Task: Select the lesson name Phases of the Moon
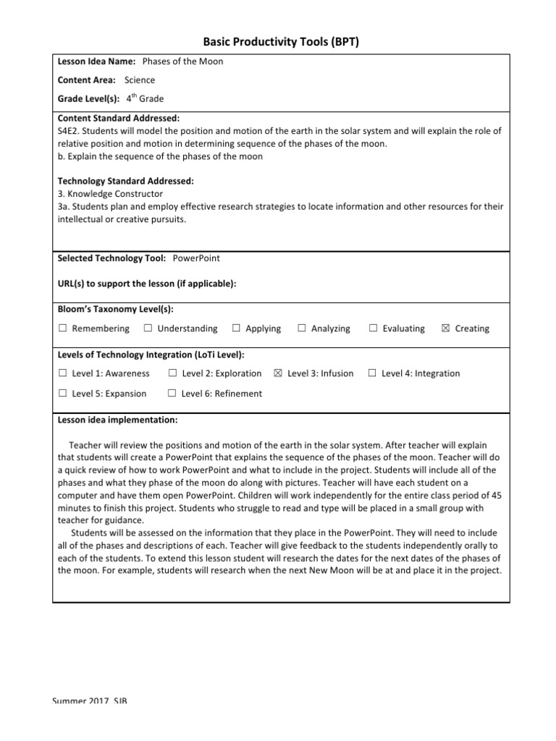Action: (x=182, y=62)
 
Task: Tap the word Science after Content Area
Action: (x=139, y=80)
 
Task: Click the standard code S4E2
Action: (x=69, y=131)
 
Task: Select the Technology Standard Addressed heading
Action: (x=125, y=181)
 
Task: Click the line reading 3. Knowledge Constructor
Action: (x=110, y=194)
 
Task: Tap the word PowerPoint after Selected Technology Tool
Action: (x=196, y=258)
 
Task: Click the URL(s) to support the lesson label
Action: (x=147, y=284)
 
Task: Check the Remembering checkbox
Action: (x=63, y=329)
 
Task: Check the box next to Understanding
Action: (x=148, y=329)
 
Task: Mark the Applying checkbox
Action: (x=236, y=329)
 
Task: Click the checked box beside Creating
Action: (x=445, y=329)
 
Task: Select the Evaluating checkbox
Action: (x=373, y=329)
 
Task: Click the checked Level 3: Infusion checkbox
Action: (x=277, y=373)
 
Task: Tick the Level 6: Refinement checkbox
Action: (x=172, y=394)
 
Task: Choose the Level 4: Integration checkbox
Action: (x=371, y=373)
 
